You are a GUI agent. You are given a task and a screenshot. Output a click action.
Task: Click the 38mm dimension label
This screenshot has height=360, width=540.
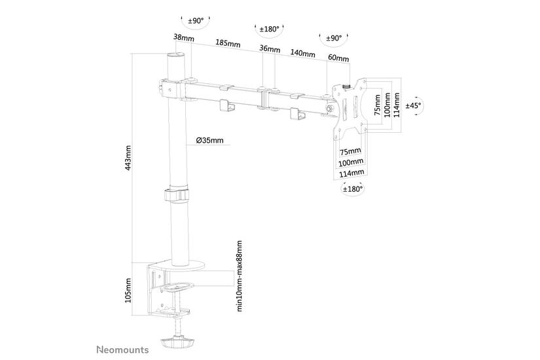[184, 39]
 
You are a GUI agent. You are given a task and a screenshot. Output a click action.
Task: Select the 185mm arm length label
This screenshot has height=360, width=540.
[227, 44]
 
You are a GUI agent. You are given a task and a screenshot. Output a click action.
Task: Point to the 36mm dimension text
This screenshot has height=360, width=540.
[270, 49]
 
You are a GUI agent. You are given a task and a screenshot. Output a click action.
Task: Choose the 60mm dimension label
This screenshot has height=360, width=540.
[338, 58]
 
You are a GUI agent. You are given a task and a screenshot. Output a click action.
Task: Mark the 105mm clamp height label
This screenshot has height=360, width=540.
[128, 290]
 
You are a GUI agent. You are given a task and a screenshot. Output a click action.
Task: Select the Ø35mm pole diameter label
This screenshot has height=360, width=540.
[209, 140]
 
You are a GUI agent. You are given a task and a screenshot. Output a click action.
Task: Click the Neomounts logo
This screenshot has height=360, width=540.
[124, 350]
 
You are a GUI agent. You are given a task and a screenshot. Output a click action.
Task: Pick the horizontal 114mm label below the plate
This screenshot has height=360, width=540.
[351, 173]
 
